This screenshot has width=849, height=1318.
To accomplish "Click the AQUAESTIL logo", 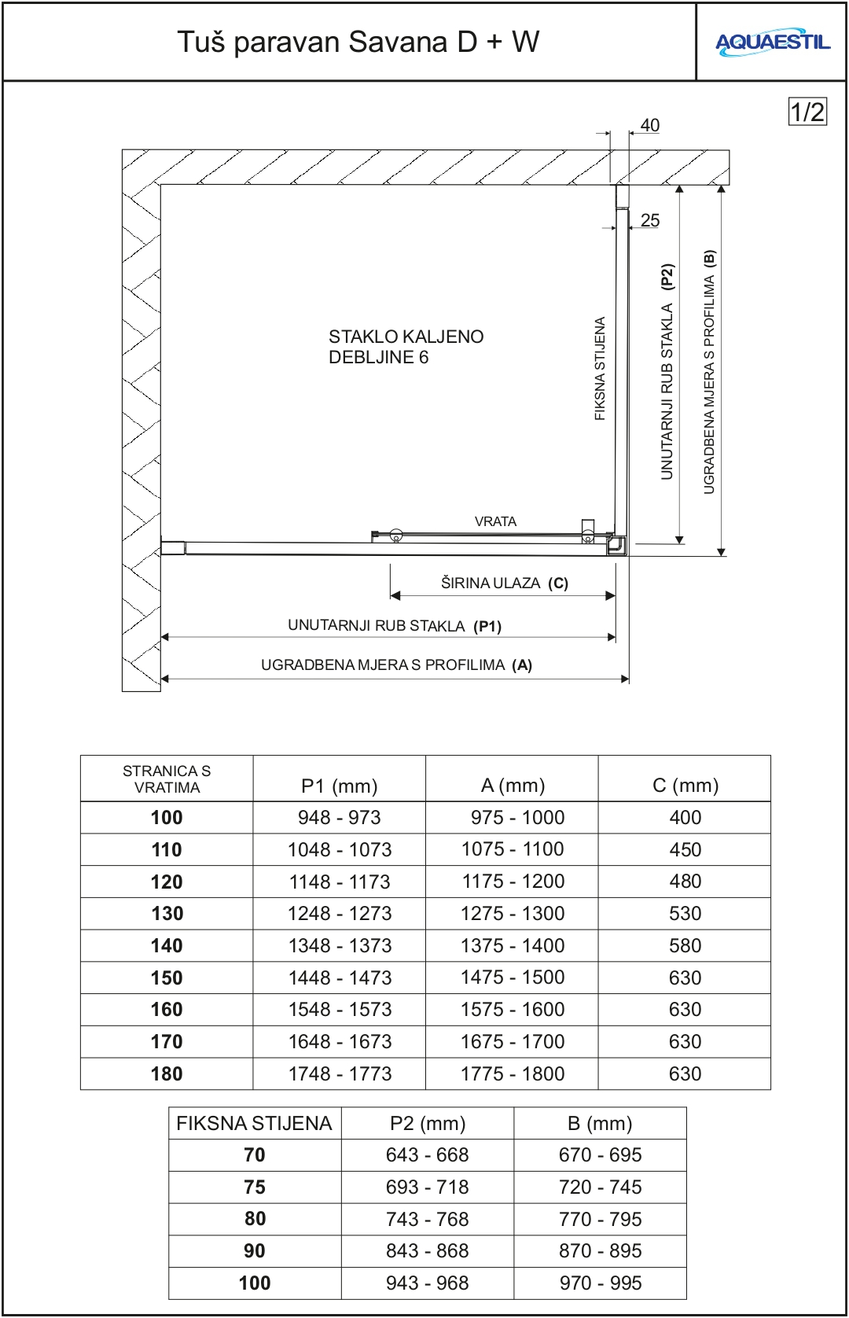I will click(772, 42).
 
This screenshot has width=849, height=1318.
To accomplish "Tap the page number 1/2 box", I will click(807, 112).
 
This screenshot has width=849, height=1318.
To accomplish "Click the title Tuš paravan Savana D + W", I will click(358, 42).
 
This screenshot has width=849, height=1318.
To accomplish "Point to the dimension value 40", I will click(650, 125).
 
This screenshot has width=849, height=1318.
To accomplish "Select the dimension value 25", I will click(650, 220).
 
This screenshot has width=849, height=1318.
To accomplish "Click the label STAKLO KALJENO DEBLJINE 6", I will click(406, 347).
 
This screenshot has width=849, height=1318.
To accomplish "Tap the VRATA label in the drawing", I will click(495, 521).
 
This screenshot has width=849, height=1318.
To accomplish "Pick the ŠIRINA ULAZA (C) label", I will click(504, 583).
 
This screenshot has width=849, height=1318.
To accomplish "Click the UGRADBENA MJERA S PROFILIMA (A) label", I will click(396, 665).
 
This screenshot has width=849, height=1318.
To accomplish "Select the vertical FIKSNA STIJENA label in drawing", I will click(600, 368).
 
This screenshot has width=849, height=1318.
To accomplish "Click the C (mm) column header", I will click(685, 785).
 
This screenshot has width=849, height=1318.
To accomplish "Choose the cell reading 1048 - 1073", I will click(340, 849).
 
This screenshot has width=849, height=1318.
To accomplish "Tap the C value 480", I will click(685, 881).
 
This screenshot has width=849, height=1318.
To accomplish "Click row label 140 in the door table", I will click(167, 945).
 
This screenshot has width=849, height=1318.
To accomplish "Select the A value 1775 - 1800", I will click(513, 1073).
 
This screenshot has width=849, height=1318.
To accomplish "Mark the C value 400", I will click(685, 817).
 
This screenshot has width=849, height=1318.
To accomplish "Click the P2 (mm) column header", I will click(428, 1123).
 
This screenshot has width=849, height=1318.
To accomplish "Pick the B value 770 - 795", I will click(601, 1219).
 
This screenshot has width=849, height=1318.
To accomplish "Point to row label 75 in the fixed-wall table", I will click(255, 1187).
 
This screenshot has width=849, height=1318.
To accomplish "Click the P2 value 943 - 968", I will click(428, 1283).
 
